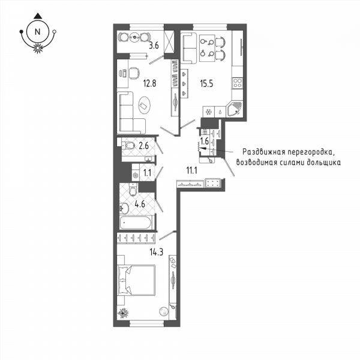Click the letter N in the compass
pyautogui.click(x=37, y=32)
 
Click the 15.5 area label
pyautogui.click(x=206, y=84)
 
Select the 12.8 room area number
pyautogui.click(x=149, y=83)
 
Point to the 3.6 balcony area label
pyautogui.click(x=154, y=46)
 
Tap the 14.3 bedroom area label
pyautogui.click(x=157, y=253)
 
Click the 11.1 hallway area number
pyautogui.click(x=192, y=170)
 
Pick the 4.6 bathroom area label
pyautogui.click(x=140, y=204)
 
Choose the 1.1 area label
pyautogui.click(x=147, y=173)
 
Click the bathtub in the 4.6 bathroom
pyautogui.click(x=135, y=222)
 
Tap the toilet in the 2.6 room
pyautogui.click(x=128, y=145)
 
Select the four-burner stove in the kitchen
pyautogui.click(x=237, y=83)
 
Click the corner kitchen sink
pyautogui.click(x=235, y=109)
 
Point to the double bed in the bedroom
pyautogui.click(x=136, y=280)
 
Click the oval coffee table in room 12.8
pyautogui.click(x=144, y=105)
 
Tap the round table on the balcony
pyautogui.click(x=134, y=37)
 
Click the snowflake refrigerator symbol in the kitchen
pyautogui.click(x=208, y=112)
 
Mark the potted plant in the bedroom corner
pyautogui.click(x=123, y=313)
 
